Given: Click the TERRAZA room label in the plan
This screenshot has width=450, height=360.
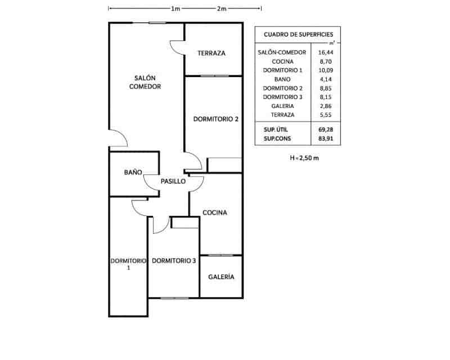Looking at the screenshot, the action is pyautogui.click(x=211, y=53).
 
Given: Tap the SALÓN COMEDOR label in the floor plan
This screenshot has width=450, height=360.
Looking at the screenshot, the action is pyautogui.click(x=145, y=82).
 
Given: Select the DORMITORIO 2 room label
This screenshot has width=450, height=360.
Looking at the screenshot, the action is pyautogui.click(x=215, y=119).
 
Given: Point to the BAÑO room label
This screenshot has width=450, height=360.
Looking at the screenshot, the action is pyautogui.click(x=133, y=172).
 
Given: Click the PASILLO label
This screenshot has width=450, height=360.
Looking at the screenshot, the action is pyautogui.click(x=173, y=181).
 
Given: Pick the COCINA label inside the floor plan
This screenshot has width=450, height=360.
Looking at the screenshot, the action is pyautogui.click(x=215, y=213).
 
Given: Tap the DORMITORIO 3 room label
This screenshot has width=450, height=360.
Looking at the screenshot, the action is pyautogui.click(x=174, y=260).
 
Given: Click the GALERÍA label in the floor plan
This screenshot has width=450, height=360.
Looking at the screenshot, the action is pyautogui.click(x=221, y=276).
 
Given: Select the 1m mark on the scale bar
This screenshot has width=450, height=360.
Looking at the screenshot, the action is pyautogui.click(x=175, y=8).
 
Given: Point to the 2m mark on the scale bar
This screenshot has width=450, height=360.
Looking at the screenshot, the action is pyautogui.click(x=222, y=8).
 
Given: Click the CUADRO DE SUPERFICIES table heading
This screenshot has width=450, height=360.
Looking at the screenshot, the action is pyautogui.click(x=299, y=34).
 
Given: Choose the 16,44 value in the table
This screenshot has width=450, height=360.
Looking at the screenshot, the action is pyautogui.click(x=326, y=52).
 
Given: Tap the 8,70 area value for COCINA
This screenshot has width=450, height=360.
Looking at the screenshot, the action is pyautogui.click(x=326, y=61).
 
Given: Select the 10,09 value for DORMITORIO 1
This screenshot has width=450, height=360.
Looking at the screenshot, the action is pyautogui.click(x=326, y=70).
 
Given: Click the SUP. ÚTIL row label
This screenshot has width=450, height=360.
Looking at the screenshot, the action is pyautogui.click(x=276, y=129).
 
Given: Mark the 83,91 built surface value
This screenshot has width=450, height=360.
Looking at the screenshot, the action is pyautogui.click(x=326, y=138).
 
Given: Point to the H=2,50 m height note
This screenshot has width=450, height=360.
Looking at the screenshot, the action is pyautogui.click(x=304, y=158).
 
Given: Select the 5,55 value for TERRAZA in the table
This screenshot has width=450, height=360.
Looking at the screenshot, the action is pyautogui.click(x=326, y=115).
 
